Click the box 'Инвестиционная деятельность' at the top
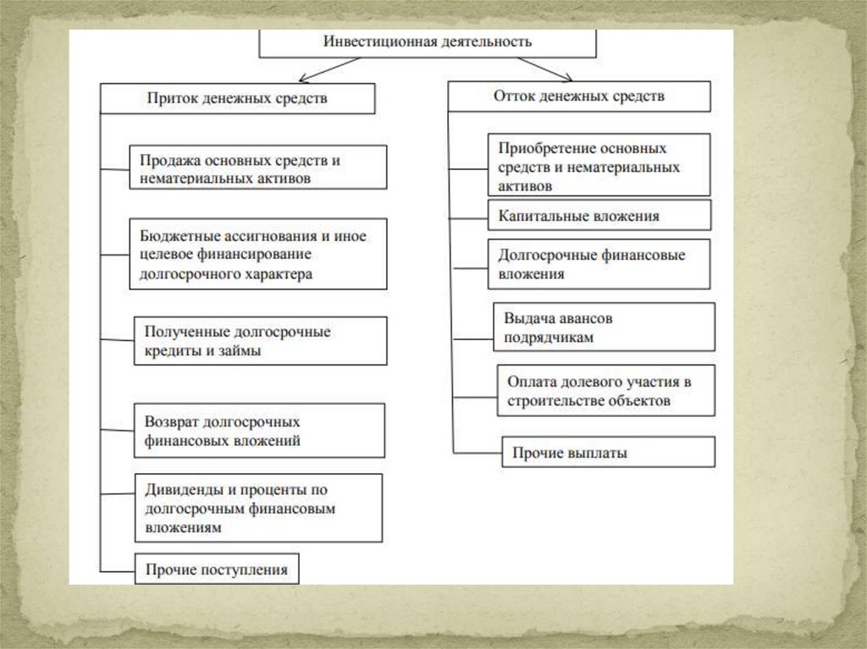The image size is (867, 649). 428,42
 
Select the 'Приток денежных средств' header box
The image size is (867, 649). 237,98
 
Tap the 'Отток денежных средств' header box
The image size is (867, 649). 579,96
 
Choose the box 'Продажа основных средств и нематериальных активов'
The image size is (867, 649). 258,168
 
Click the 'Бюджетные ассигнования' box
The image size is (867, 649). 258,255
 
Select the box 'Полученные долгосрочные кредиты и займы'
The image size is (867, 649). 260,341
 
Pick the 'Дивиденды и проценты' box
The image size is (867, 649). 257,508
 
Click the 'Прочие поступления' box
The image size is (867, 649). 217,569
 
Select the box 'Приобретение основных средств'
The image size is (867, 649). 599,166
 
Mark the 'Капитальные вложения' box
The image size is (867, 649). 599,216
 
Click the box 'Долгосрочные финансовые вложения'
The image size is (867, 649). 599,264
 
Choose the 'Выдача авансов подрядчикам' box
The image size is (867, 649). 604,327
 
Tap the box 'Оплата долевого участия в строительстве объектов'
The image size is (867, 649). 606,390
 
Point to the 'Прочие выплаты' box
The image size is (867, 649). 608,452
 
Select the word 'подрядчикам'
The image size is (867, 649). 548,336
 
